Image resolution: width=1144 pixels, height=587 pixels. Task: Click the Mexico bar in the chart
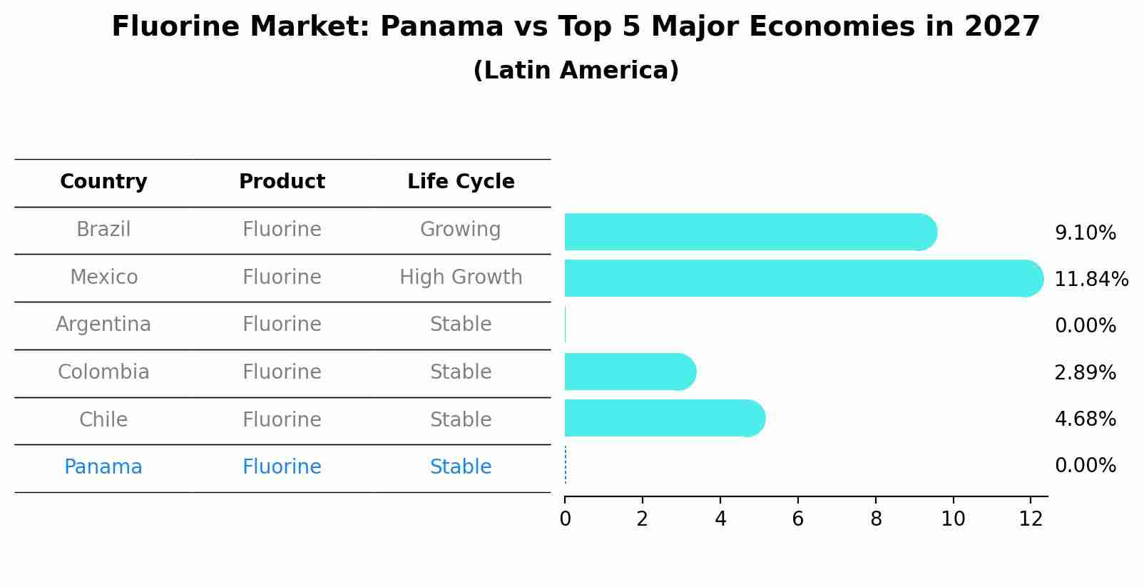[799, 278]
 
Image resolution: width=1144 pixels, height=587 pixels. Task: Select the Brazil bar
[749, 232]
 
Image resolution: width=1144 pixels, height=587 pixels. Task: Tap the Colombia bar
[628, 372]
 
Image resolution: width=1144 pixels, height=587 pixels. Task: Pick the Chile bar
[663, 418]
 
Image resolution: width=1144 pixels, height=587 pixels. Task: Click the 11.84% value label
[1091, 279]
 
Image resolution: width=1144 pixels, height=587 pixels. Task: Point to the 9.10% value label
[1085, 233]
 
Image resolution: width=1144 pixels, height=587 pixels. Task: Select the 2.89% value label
[1085, 372]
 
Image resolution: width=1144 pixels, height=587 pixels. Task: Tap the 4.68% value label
[1085, 419]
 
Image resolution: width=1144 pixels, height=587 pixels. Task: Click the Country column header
[103, 182]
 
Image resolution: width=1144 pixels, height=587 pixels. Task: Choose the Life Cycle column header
[461, 182]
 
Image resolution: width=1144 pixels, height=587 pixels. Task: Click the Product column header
[282, 182]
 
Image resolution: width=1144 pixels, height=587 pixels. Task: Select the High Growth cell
[461, 277]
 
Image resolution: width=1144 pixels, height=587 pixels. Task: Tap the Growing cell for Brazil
[460, 230]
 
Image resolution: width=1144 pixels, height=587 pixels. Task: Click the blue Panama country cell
[103, 467]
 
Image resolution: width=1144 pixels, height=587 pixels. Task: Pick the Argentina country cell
[103, 325]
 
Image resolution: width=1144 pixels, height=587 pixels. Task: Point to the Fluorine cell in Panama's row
[282, 467]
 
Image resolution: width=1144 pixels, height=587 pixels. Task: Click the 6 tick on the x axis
[797, 519]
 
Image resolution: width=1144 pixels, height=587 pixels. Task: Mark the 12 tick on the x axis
[1031, 519]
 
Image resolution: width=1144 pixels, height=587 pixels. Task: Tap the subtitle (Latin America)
[576, 71]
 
